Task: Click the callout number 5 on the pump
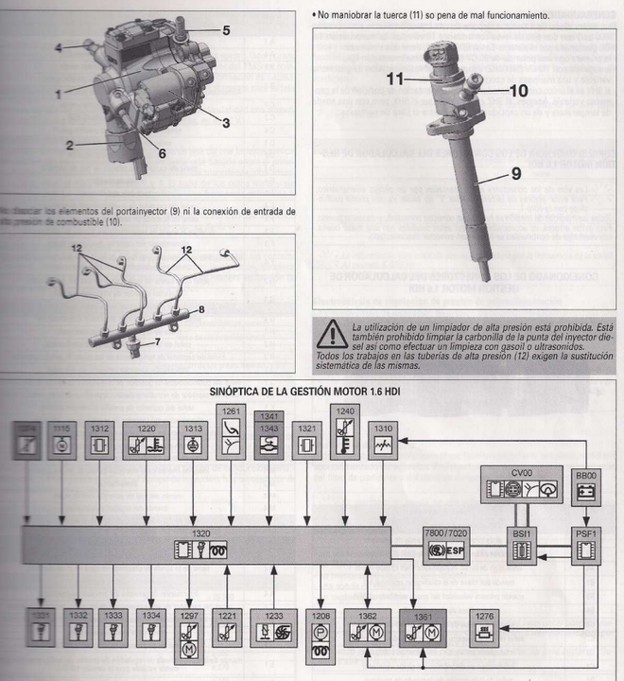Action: pyautogui.click(x=226, y=30)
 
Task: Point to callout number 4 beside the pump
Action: pyautogui.click(x=59, y=46)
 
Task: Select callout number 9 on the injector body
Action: pyautogui.click(x=516, y=174)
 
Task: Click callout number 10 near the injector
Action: pyautogui.click(x=519, y=92)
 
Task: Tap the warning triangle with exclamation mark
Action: pyautogui.click(x=332, y=332)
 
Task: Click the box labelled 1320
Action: pyautogui.click(x=206, y=547)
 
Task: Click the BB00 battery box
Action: pyautogui.click(x=588, y=484)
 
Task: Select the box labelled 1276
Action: pyautogui.click(x=489, y=625)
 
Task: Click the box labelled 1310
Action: pyautogui.click(x=383, y=439)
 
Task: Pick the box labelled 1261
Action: pyautogui.click(x=232, y=431)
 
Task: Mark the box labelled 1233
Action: pyautogui.click(x=272, y=625)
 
